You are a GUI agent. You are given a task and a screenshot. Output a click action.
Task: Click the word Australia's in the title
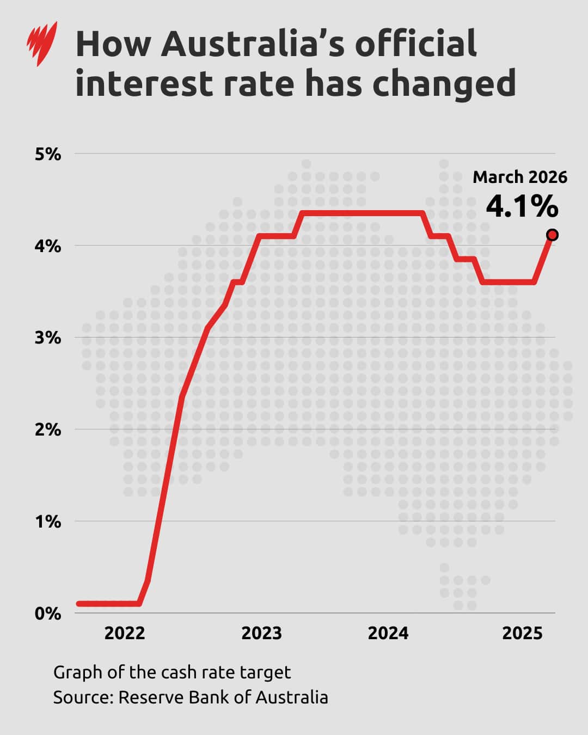(x=253, y=44)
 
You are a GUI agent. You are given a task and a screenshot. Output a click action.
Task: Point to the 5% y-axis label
(x=48, y=154)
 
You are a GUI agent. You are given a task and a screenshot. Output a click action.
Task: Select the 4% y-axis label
(x=48, y=246)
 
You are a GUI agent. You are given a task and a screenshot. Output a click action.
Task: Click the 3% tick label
(x=48, y=338)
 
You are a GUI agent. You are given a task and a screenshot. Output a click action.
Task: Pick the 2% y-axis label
(x=48, y=430)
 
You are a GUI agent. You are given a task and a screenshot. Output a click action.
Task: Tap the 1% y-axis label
(x=48, y=522)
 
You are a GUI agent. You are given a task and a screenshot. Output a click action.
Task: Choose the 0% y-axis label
(x=48, y=614)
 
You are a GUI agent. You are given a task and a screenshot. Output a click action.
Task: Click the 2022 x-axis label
(x=125, y=633)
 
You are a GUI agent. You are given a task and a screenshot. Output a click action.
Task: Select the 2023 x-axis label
(x=261, y=633)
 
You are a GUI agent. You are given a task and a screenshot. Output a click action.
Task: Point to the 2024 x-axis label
(x=388, y=633)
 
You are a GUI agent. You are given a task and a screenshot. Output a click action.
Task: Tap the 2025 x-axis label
(x=522, y=633)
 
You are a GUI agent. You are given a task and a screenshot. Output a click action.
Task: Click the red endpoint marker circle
(x=552, y=235)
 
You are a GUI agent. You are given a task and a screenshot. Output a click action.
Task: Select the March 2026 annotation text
(x=519, y=177)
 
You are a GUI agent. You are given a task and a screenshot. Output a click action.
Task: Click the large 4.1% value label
(x=522, y=206)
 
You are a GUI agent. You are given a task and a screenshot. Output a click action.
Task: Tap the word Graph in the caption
(x=78, y=673)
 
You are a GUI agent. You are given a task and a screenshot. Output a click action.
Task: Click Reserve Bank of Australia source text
(x=223, y=697)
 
